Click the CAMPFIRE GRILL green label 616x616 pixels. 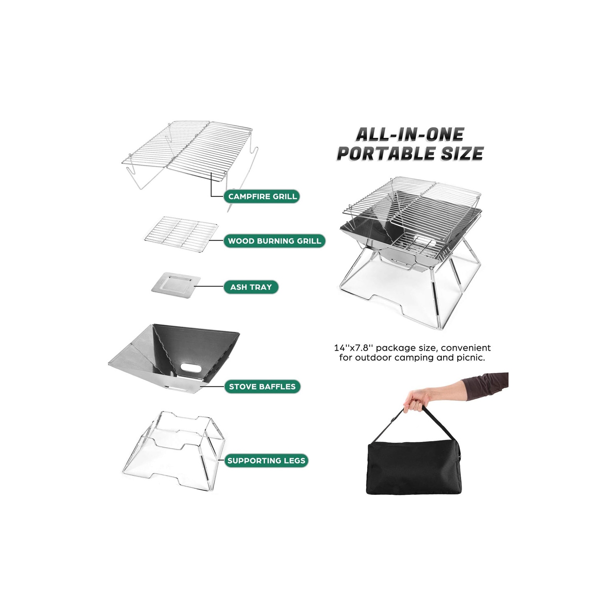point(262,196)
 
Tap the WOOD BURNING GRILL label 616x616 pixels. point(274,241)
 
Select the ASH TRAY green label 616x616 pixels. point(251,287)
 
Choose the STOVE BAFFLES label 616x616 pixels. point(262,386)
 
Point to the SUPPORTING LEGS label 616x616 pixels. point(266,461)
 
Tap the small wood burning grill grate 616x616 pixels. point(182,234)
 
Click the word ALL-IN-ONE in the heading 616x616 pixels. point(409,134)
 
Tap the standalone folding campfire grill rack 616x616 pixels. point(189,152)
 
